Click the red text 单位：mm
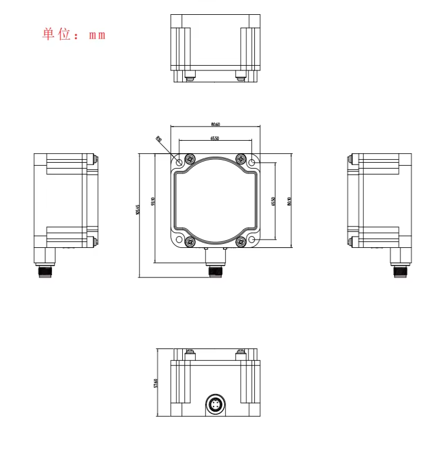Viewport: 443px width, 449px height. pos(73,34)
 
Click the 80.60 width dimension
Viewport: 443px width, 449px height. pos(215,124)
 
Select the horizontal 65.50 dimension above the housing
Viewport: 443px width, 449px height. pos(215,138)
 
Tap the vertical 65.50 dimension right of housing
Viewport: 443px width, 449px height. pos(274,201)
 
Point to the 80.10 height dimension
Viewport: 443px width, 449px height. pos(289,201)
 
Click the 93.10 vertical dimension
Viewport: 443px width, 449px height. pos(153,201)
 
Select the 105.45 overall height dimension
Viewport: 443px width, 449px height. pos(138,209)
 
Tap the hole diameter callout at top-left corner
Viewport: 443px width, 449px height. pos(159,139)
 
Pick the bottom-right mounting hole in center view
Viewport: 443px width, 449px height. pos(252,240)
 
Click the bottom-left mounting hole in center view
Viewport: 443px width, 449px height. pos(179,240)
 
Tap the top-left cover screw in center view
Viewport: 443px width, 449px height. pos(190,159)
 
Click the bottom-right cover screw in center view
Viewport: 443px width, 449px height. pos(240,241)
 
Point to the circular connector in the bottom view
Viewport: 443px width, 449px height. pos(215,406)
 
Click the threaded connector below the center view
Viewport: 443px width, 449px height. pos(215,271)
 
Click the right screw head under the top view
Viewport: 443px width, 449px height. pos(241,76)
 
